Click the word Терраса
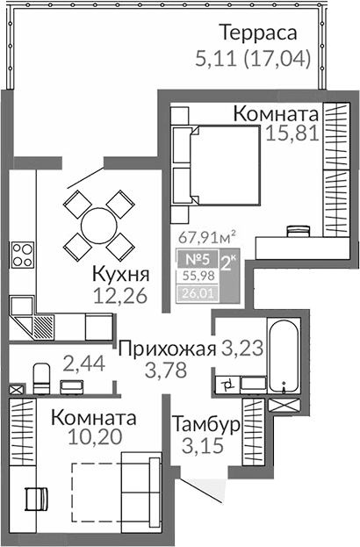[258, 34]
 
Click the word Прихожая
[167, 349]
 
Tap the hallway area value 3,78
[167, 371]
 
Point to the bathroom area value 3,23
[241, 349]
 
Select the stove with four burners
[21, 256]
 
